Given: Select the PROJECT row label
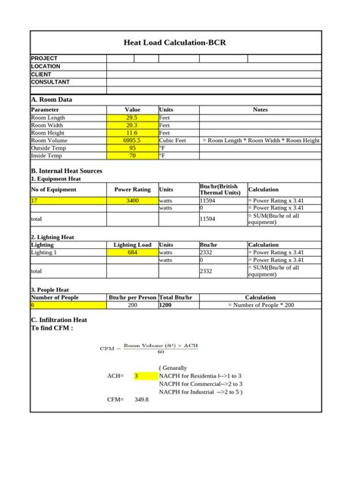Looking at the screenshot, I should (x=44, y=58).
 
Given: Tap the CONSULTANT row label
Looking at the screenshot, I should (x=50, y=82).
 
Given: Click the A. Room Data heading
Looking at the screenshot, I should (x=52, y=99).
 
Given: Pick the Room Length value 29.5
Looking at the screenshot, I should (x=132, y=118).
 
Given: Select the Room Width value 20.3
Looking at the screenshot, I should (x=132, y=125).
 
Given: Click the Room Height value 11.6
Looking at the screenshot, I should (x=132, y=133).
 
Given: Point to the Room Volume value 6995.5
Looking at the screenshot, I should (x=132, y=141).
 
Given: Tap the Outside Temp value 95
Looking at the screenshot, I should (x=132, y=148).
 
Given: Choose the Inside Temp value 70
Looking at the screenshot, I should (x=132, y=156).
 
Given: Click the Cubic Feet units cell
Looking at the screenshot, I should (x=172, y=141).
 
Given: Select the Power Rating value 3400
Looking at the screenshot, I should (x=132, y=201).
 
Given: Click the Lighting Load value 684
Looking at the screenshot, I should (x=132, y=252).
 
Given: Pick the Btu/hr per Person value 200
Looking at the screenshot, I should (x=132, y=305).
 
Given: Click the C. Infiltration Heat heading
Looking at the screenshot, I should (x=58, y=321).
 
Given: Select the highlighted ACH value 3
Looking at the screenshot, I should (x=137, y=375).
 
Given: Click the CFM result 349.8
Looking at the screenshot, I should (x=141, y=399).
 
